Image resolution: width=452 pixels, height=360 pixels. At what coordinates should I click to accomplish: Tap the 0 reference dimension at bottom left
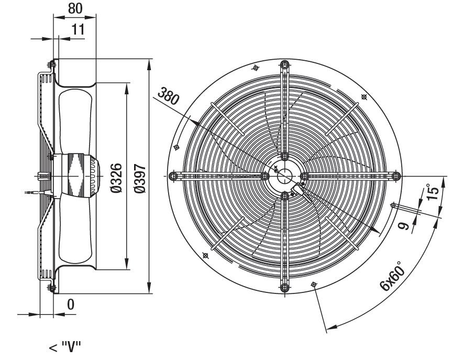71,304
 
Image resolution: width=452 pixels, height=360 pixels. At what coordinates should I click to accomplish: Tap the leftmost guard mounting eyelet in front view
173,176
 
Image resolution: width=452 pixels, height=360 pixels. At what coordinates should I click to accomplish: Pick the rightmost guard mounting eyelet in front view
395,176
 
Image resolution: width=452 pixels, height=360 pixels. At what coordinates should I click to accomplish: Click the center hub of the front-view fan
284,176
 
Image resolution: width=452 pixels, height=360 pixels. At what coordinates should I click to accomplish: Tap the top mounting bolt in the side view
52,64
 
